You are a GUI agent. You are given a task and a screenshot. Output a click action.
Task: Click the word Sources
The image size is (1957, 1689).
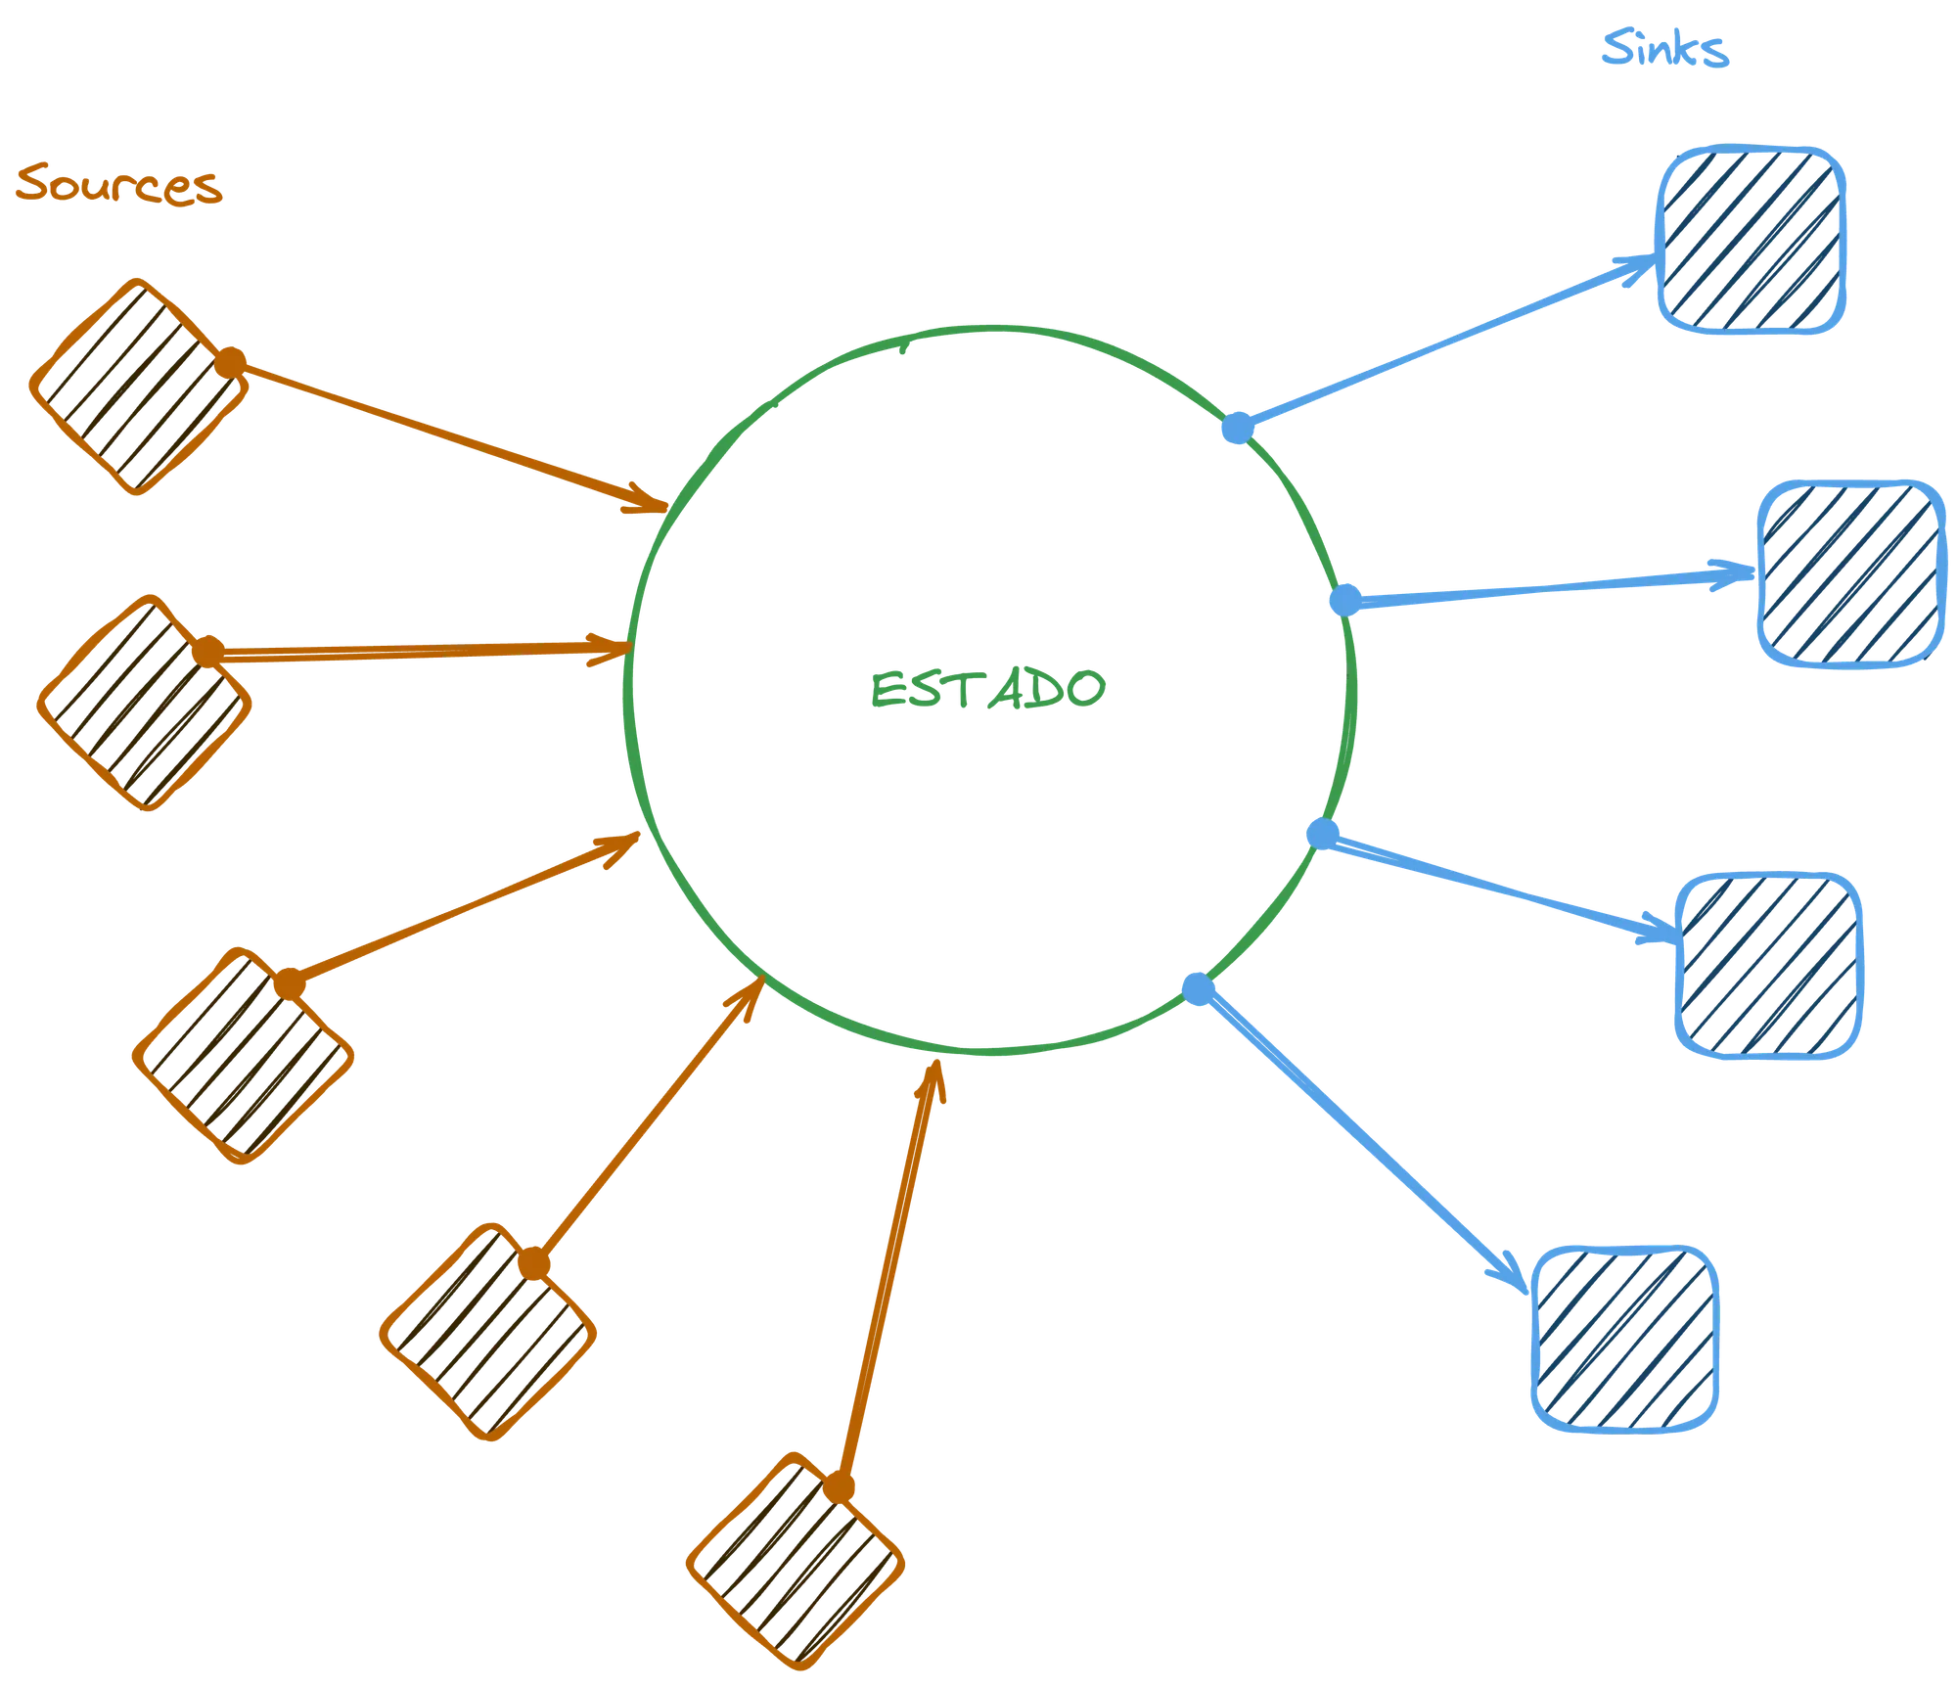(x=118, y=184)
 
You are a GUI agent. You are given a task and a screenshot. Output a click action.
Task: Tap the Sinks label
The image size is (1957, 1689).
(x=1665, y=48)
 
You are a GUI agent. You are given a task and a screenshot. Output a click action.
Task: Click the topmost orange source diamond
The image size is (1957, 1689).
(x=138, y=387)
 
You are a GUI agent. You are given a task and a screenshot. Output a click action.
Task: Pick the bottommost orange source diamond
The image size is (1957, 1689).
(x=795, y=1561)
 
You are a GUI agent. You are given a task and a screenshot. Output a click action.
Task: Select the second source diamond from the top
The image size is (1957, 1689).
(x=144, y=703)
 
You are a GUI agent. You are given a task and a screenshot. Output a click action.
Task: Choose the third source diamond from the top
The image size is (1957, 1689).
(x=243, y=1056)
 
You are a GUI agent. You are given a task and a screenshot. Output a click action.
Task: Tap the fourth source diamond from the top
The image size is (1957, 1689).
(x=487, y=1332)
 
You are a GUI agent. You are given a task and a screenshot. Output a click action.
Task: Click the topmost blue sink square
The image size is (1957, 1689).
(x=1752, y=241)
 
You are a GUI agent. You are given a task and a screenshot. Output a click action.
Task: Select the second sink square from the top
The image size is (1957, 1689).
(x=1851, y=574)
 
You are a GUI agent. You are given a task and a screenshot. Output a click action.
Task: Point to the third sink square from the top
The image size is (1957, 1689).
(x=1769, y=965)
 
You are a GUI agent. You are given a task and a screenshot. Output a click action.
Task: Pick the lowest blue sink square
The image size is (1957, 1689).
(x=1625, y=1340)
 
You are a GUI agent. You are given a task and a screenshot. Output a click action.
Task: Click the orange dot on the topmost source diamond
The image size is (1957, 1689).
(x=230, y=363)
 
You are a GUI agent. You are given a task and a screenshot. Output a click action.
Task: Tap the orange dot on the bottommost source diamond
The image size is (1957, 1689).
(x=839, y=1487)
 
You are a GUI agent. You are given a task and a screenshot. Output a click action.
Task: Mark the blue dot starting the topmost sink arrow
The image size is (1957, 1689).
(x=1238, y=428)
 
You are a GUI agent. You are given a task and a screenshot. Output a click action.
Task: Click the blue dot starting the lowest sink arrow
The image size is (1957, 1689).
(x=1199, y=989)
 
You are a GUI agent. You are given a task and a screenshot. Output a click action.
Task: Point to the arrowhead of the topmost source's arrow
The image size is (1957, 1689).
(x=652, y=501)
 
